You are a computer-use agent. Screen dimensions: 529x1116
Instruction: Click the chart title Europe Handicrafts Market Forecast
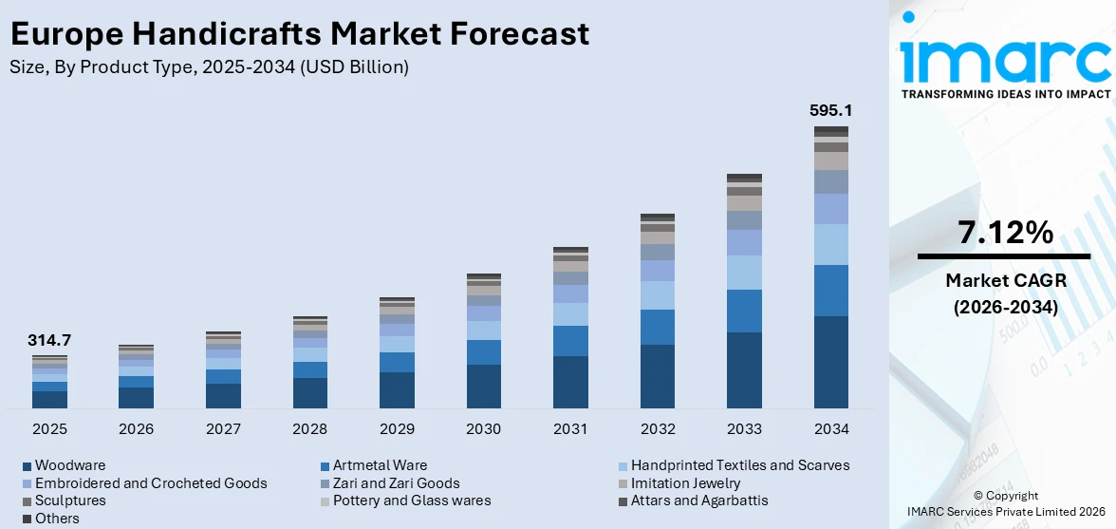click(x=300, y=34)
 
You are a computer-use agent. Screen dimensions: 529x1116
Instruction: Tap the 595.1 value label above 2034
click(x=830, y=111)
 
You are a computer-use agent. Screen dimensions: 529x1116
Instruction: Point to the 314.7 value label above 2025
click(x=50, y=340)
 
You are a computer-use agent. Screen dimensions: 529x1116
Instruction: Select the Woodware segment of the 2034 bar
click(x=830, y=362)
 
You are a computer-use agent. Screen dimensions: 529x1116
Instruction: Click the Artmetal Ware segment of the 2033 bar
click(x=744, y=311)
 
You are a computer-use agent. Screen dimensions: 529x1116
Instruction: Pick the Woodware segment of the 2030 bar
click(x=483, y=386)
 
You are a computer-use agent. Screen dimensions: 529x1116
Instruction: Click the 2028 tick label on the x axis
click(x=310, y=429)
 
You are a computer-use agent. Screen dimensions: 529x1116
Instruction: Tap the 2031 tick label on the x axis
click(x=570, y=429)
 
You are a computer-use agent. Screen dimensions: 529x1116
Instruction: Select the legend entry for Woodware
click(x=70, y=465)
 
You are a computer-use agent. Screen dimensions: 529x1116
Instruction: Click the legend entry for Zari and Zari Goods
click(x=396, y=483)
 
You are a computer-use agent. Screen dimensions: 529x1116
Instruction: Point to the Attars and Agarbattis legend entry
click(x=699, y=501)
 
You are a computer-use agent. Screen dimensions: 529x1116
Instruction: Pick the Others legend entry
click(x=57, y=519)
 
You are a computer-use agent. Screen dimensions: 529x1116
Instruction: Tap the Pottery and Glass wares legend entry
click(x=411, y=501)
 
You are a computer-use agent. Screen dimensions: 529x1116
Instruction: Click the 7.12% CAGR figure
click(x=1004, y=234)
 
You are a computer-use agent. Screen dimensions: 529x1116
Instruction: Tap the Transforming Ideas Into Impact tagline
click(x=1004, y=94)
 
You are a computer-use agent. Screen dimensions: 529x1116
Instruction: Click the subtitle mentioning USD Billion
click(x=210, y=66)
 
